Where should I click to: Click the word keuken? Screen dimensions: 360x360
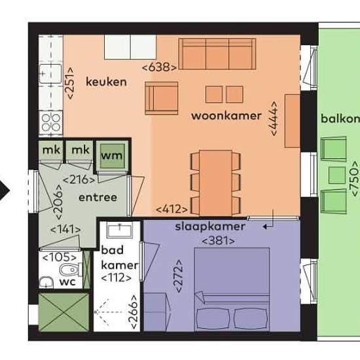[x=106, y=82]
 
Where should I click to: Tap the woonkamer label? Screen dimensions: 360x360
[x=226, y=115]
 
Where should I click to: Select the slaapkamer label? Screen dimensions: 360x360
[x=210, y=226]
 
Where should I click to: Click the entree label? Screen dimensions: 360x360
[x=98, y=198]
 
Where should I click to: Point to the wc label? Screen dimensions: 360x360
[x=67, y=281]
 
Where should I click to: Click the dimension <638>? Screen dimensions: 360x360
[x=159, y=67]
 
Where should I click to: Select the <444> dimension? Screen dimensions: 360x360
[x=274, y=118]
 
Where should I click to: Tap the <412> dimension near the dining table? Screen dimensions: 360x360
[x=171, y=209]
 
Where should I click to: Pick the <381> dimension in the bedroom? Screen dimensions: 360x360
[x=219, y=241]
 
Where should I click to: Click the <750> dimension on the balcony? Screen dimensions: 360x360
[x=354, y=179]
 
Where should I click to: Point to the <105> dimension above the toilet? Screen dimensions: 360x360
[x=60, y=257]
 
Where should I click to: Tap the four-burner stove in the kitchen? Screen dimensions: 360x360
[x=51, y=122]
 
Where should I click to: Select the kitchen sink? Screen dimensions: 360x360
[x=50, y=74]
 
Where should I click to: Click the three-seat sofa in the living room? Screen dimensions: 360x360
[x=217, y=54]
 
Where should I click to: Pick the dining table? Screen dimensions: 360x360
[x=215, y=183]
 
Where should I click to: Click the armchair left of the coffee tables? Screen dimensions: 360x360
[x=162, y=98]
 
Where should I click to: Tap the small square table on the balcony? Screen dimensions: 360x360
[x=337, y=175]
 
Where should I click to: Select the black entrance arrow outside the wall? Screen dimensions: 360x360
[x=4, y=190]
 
